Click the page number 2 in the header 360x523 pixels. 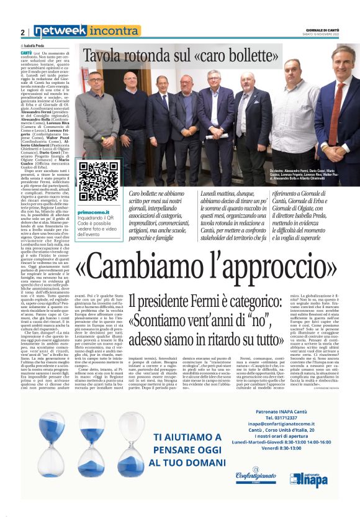click(23, 32)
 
